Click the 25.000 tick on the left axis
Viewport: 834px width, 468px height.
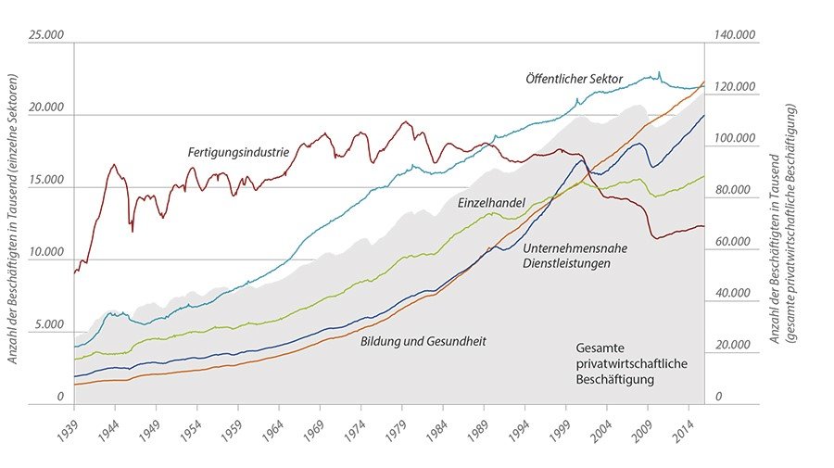pos(46,34)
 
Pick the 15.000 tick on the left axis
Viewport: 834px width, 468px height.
pos(46,180)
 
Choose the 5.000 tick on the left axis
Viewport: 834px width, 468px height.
pos(49,325)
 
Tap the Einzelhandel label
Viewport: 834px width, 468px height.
pos(492,201)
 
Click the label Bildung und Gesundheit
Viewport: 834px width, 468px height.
pos(423,341)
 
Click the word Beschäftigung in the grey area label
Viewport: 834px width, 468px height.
pos(613,379)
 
